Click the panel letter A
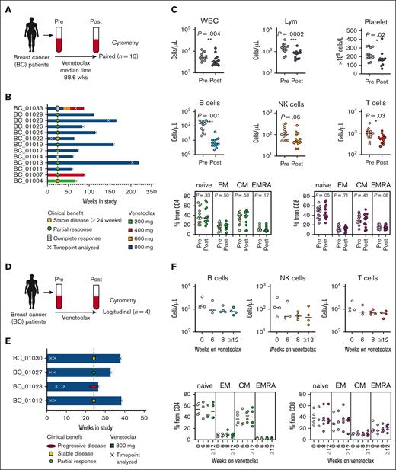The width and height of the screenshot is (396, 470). [x=5, y=7]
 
